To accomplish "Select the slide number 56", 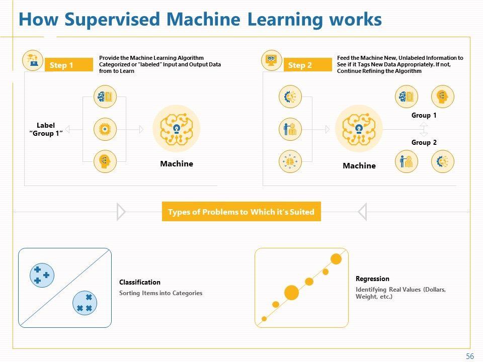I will pyautogui.click(x=470, y=356).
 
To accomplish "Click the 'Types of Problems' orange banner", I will pyautogui.click(x=241, y=212).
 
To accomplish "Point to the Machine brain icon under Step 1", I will pyautogui.click(x=176, y=129).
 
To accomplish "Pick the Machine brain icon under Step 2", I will pyautogui.click(x=359, y=129).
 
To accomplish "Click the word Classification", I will pyautogui.click(x=140, y=282).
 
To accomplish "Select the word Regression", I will pyautogui.click(x=372, y=279).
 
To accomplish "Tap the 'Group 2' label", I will pyautogui.click(x=424, y=142).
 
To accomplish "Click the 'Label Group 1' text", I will pyautogui.click(x=46, y=129).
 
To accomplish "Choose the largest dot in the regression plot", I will pyautogui.click(x=291, y=292).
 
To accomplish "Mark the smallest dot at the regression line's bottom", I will pyautogui.click(x=265, y=319).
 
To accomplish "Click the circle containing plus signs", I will pyautogui.click(x=41, y=275).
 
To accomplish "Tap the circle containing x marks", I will pyautogui.click(x=85, y=303).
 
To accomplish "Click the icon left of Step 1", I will pyautogui.click(x=33, y=61).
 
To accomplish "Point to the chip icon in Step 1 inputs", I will pyautogui.click(x=105, y=129).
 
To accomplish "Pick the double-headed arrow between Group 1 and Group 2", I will pyautogui.click(x=424, y=129).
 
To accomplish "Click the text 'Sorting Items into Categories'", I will pyautogui.click(x=160, y=293).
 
